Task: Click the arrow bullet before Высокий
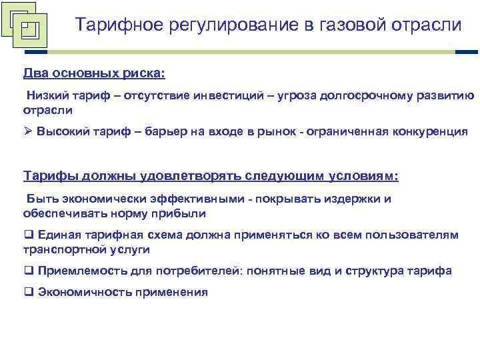click(27, 131)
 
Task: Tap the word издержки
click(358, 199)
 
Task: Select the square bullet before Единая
click(28, 235)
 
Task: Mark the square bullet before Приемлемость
click(28, 271)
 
